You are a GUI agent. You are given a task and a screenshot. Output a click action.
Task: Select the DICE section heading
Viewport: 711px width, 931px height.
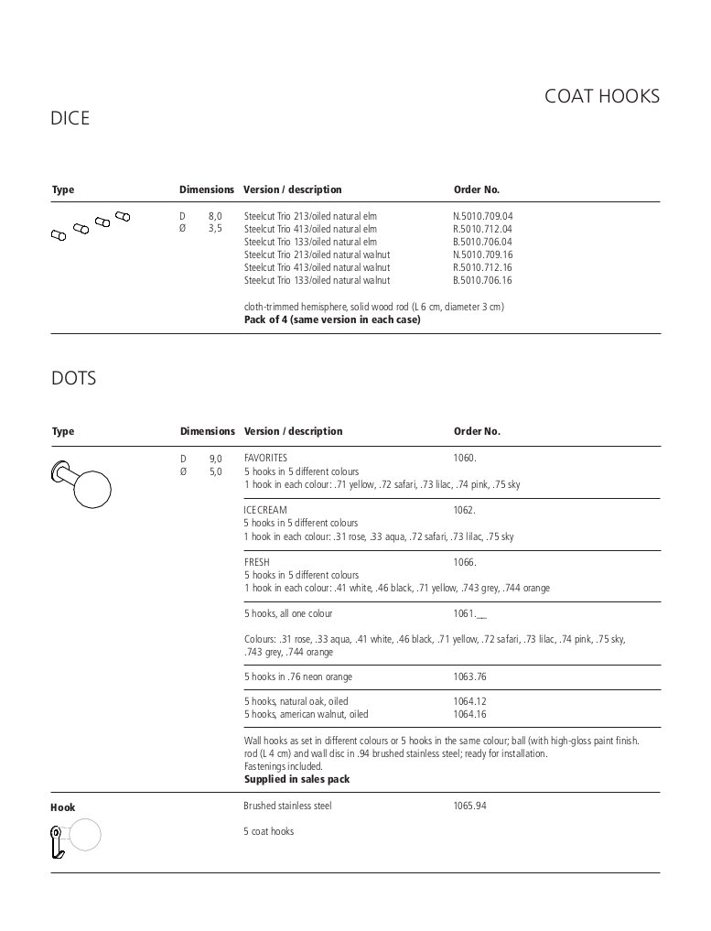coord(70,119)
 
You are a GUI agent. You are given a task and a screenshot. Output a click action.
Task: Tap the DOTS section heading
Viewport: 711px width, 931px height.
coord(74,378)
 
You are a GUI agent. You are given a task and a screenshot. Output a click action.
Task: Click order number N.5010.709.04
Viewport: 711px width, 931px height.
coord(482,216)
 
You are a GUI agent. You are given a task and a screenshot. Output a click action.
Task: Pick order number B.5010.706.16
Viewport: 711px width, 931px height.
coord(482,280)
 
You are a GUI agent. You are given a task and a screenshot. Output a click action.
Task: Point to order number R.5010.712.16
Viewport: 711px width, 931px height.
coord(482,267)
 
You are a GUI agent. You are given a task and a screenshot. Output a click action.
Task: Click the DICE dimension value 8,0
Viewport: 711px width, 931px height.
coord(214,216)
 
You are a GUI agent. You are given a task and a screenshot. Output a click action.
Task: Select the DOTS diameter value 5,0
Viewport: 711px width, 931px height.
coord(215,471)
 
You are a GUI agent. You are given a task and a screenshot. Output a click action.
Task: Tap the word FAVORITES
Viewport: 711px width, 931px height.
coord(265,458)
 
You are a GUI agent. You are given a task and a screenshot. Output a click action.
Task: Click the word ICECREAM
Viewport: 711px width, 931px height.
coord(265,510)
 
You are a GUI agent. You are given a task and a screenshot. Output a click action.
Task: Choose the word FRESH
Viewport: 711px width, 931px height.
coord(257,562)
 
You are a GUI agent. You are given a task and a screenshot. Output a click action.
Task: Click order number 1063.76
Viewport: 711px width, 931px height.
coord(469,677)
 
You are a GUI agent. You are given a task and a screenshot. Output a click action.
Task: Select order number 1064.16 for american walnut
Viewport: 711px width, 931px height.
coord(469,714)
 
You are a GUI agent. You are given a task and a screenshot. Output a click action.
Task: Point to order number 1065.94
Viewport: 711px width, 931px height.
coord(469,807)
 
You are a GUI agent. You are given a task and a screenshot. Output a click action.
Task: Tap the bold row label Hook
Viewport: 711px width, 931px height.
coord(63,807)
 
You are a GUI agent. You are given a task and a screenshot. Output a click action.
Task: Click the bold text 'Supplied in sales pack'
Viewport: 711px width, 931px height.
coord(296,779)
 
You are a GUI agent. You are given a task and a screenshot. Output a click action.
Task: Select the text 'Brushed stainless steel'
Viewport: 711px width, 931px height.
coord(287,807)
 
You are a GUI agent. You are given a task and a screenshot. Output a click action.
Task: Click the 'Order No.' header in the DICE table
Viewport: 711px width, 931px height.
coord(477,189)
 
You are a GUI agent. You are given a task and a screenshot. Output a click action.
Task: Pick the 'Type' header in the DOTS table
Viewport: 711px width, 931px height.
coord(63,431)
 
